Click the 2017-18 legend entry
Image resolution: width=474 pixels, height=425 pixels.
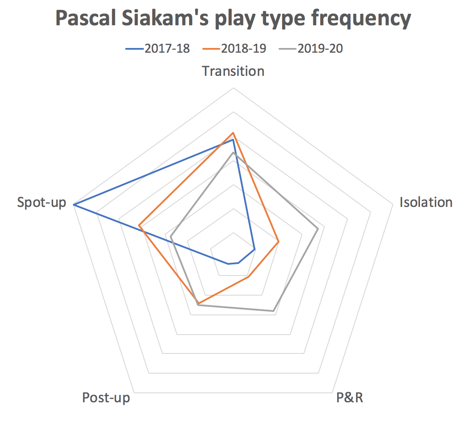(158, 48)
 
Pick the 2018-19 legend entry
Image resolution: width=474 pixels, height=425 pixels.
(234, 48)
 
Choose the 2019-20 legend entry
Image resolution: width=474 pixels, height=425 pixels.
(311, 48)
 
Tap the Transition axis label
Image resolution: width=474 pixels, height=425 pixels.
(233, 72)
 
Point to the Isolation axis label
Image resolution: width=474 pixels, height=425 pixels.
(426, 202)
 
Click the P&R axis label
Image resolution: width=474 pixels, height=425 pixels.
(349, 398)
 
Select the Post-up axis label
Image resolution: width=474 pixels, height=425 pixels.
(106, 398)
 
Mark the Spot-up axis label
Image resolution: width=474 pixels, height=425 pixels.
(42, 203)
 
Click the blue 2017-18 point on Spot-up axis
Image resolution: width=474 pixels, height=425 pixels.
(74, 205)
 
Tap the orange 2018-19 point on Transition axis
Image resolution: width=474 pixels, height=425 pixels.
(233, 133)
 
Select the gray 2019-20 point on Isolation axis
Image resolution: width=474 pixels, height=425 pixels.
(318, 229)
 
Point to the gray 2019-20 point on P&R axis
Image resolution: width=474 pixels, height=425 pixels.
(273, 311)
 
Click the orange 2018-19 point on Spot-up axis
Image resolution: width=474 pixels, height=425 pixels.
(139, 225)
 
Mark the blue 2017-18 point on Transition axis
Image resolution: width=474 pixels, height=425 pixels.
(233, 140)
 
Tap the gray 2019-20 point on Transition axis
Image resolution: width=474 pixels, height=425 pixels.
(233, 153)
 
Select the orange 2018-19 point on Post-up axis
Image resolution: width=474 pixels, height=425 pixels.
(199, 303)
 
